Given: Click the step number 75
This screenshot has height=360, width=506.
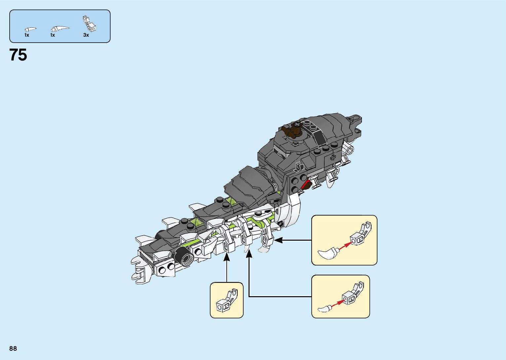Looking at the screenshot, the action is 18,55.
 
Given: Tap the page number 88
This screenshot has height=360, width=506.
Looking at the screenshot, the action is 13,348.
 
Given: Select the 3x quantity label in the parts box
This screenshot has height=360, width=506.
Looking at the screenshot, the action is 86,35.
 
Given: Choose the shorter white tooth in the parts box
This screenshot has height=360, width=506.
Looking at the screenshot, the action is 30,29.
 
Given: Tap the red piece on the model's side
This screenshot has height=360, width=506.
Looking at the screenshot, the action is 307,183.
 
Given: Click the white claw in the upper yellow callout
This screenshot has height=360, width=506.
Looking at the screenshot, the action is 328,253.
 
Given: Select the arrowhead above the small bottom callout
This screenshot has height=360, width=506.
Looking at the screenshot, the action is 227,258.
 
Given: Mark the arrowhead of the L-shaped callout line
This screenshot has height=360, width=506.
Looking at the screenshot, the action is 249,254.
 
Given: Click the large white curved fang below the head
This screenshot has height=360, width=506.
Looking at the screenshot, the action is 292,209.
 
